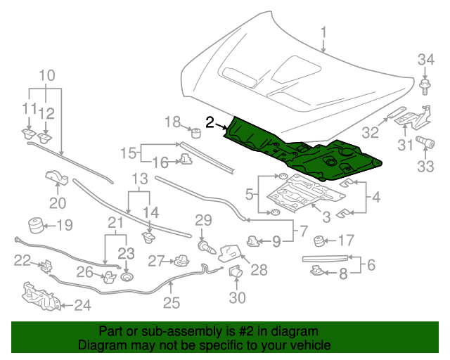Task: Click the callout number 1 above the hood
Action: click(x=324, y=33)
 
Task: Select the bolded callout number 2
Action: click(x=210, y=122)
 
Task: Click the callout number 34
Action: click(x=427, y=60)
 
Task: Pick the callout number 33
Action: click(x=427, y=167)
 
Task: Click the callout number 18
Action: click(x=173, y=122)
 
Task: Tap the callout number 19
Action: click(x=65, y=226)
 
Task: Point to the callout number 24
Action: click(x=83, y=306)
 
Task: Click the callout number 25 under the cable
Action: click(x=172, y=303)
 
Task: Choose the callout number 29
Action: click(x=203, y=220)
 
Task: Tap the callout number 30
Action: click(x=237, y=298)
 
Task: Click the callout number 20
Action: click(x=57, y=203)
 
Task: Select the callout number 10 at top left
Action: click(x=46, y=75)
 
